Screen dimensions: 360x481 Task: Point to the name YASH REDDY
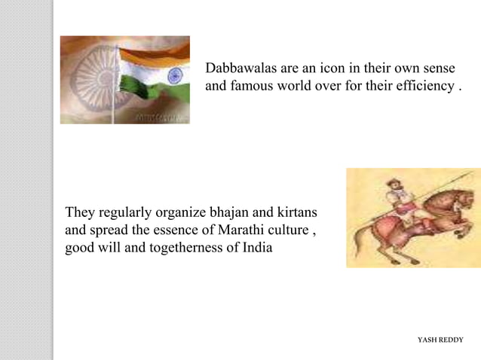(x=440, y=340)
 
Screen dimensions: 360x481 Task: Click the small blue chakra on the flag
(x=174, y=75)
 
